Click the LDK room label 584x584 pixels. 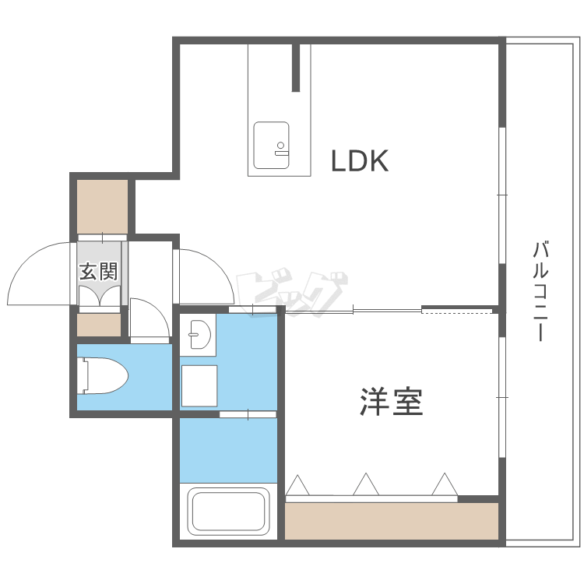[x=360, y=160]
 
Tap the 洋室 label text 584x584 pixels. [x=391, y=402]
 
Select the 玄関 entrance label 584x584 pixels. [x=99, y=271]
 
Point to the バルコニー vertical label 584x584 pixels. [x=540, y=291]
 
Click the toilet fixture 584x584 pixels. [x=103, y=375]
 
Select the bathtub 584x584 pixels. [x=228, y=512]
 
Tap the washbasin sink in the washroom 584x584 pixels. [x=199, y=334]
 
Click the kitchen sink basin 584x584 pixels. [x=271, y=146]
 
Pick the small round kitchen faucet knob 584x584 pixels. [x=281, y=145]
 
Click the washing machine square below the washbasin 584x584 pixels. [x=199, y=386]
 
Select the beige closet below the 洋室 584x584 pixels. [x=392, y=521]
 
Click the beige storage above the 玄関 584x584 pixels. [x=103, y=206]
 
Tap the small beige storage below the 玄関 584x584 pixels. [x=99, y=325]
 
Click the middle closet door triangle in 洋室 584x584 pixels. [x=366, y=484]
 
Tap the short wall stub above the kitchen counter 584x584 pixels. [x=296, y=68]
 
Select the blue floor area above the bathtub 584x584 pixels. [x=228, y=451]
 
